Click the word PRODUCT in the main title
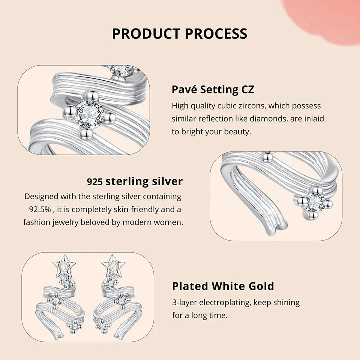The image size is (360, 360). (x=146, y=33)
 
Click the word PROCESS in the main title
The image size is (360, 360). (x=216, y=33)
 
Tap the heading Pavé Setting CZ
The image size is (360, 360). (x=213, y=89)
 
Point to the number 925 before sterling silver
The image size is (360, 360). (x=94, y=182)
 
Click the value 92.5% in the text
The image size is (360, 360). (x=40, y=209)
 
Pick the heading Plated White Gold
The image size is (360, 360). (x=223, y=286)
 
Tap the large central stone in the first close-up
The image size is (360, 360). (x=90, y=114)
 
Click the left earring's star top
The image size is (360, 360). (x=64, y=266)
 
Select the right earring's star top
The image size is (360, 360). (x=113, y=266)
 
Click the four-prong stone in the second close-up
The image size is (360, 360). (x=315, y=202)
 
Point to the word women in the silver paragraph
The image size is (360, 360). (x=168, y=222)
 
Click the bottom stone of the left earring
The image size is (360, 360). (x=74, y=326)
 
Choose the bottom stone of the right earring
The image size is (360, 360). (x=103, y=326)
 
